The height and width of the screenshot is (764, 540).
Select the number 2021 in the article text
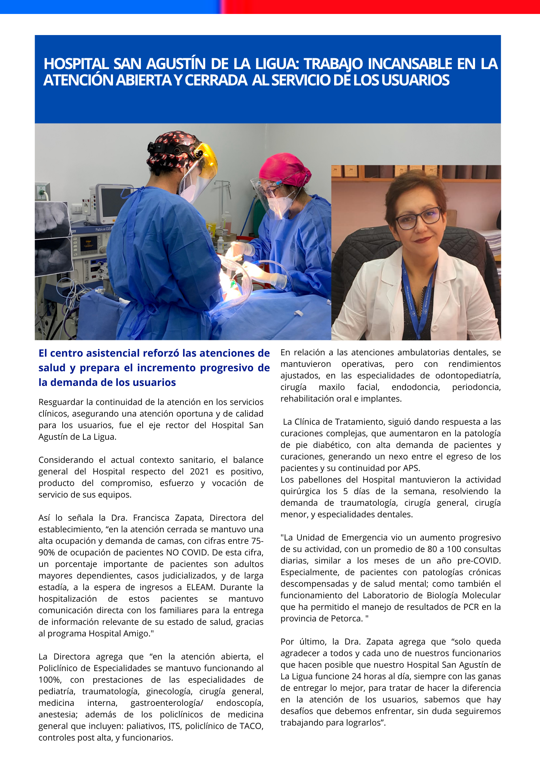(x=199, y=471)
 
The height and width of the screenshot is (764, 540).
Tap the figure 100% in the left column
(x=49, y=680)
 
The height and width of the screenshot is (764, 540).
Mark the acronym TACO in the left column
(x=251, y=726)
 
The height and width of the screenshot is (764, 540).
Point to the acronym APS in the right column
(x=411, y=468)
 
